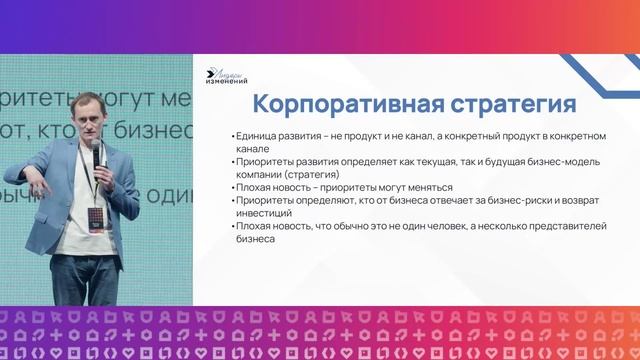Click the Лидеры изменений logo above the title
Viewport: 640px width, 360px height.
click(x=226, y=74)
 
